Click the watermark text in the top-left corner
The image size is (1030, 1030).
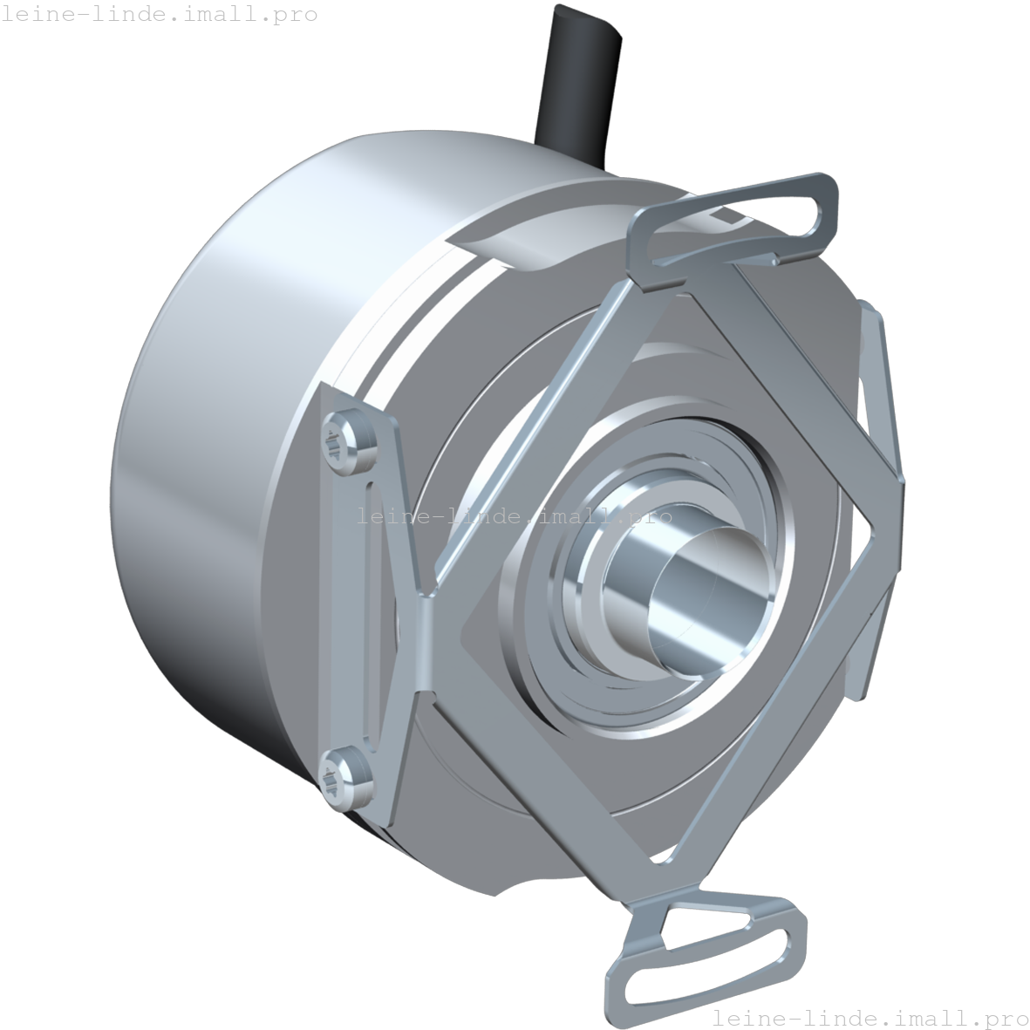coord(159,15)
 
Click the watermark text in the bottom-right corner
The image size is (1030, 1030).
coord(870,1017)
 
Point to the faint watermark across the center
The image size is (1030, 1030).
coord(515,516)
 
